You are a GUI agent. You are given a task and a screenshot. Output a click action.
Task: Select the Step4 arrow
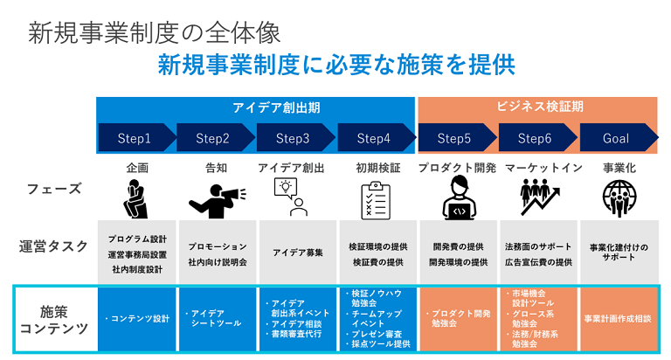[x=375, y=138]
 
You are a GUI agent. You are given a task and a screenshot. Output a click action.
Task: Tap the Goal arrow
[x=617, y=138]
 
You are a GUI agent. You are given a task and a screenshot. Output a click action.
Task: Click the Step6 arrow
[x=536, y=138]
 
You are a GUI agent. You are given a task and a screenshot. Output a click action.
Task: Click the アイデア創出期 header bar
[x=256, y=107]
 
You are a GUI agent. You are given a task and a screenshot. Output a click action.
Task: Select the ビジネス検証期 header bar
[x=538, y=107]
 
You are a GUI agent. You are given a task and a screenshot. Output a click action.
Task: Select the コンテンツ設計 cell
[x=135, y=318]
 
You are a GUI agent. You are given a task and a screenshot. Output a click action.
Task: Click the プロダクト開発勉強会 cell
[x=457, y=318]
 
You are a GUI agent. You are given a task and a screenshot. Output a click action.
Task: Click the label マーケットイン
[x=537, y=167]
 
